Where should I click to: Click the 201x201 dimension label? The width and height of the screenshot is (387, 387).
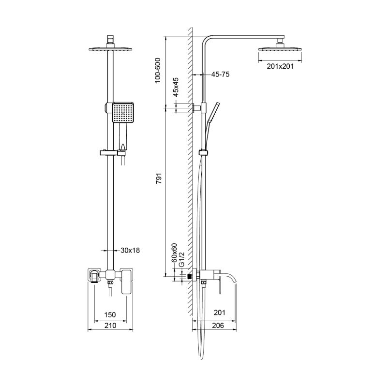point(280,67)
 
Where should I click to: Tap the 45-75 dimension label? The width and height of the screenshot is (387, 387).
point(220,74)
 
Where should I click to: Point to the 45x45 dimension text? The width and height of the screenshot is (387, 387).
point(176,87)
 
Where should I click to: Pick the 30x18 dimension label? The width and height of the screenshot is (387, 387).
point(130,251)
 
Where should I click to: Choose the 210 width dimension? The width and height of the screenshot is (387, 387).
point(110,326)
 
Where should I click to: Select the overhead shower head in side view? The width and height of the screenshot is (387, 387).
point(281,48)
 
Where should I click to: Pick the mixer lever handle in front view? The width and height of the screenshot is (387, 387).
point(126,282)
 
